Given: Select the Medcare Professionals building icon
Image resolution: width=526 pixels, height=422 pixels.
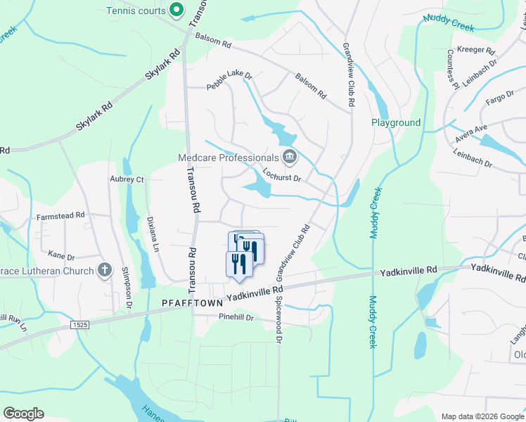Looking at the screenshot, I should pos(288,157).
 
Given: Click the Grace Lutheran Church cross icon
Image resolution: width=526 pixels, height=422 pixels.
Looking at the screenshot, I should pos(104,270).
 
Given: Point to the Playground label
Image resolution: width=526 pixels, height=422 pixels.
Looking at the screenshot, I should pos(396,122).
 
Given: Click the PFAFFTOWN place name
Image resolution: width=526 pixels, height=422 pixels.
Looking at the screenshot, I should pos(192,302).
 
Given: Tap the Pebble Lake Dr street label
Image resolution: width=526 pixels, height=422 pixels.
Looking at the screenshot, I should pos(229,81).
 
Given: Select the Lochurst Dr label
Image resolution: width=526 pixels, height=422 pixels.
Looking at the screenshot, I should pos(281,174).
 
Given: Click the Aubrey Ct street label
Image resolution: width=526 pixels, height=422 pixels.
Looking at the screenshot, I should pos(127,179).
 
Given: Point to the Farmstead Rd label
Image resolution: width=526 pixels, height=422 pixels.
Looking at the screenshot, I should pos(60,215).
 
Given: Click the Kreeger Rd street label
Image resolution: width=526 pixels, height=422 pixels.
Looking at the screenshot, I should pos(476,51).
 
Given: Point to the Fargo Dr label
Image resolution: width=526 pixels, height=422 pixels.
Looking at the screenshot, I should pos(500,97).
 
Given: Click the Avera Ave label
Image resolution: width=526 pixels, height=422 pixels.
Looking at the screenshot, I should pos(470,132).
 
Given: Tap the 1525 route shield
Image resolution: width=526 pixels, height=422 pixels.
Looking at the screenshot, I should pos(80,324).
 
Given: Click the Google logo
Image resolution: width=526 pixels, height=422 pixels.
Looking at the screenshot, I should pos(23,414).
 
